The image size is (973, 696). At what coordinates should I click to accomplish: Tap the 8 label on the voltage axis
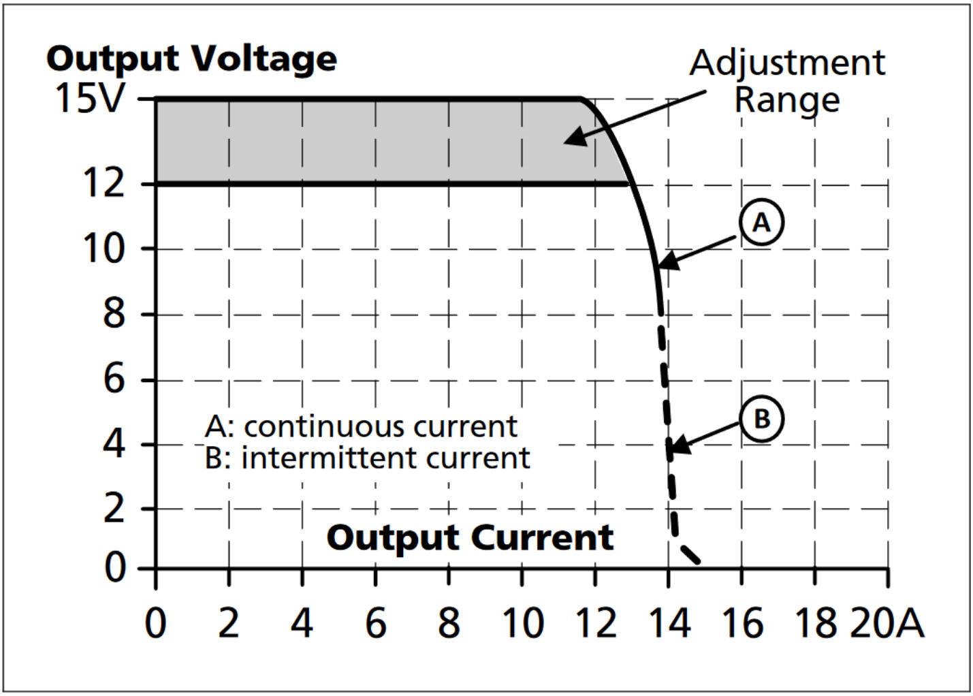pos(114,313)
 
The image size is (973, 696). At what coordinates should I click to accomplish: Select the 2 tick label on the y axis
pos(114,508)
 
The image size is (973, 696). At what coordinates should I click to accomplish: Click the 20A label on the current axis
pos(887,623)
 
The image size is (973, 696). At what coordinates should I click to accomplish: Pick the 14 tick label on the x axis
pos(669,623)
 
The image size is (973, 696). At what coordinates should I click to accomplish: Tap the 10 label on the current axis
pos(522,623)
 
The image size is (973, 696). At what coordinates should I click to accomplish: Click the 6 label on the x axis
pos(375,623)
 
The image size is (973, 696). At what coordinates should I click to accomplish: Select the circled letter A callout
pos(761,222)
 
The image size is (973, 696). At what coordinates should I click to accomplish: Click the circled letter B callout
pos(761,418)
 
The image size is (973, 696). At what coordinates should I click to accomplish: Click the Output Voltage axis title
pos(191,59)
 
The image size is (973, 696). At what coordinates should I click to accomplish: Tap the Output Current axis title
pos(470,538)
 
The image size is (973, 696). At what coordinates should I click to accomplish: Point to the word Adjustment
pos(787,63)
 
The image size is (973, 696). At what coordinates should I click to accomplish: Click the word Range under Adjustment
pos(787,99)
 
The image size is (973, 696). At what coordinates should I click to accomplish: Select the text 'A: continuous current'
pos(361,426)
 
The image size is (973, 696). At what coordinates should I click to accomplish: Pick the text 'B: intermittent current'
pos(367,458)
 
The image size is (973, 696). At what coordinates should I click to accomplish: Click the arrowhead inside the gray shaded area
pos(572,138)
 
